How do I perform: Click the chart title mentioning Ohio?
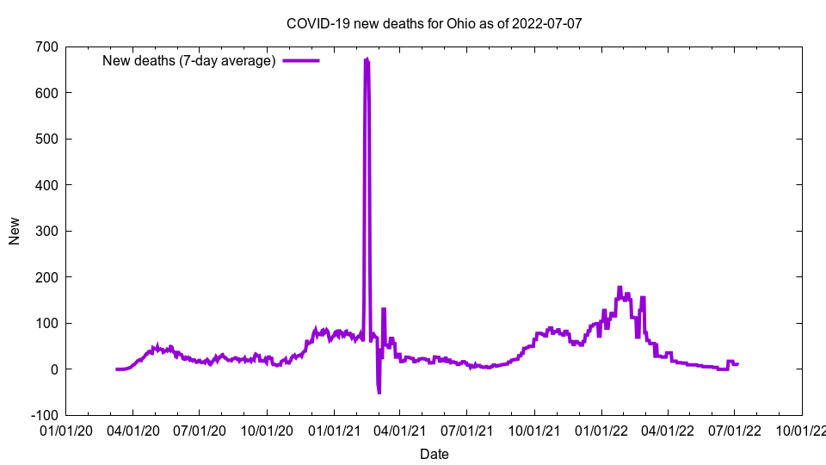434,23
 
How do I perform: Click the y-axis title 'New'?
15,231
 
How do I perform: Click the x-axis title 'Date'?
434,454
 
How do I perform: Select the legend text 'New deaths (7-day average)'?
188,60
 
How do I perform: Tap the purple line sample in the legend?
300,60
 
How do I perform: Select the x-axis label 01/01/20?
65,429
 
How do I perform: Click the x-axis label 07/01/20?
199,429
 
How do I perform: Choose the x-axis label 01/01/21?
334,429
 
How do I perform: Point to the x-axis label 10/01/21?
534,429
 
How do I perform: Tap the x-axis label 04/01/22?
668,429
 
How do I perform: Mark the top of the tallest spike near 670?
367,59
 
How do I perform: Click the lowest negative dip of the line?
379,393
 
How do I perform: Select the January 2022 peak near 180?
619,288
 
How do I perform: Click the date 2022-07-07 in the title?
546,23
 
